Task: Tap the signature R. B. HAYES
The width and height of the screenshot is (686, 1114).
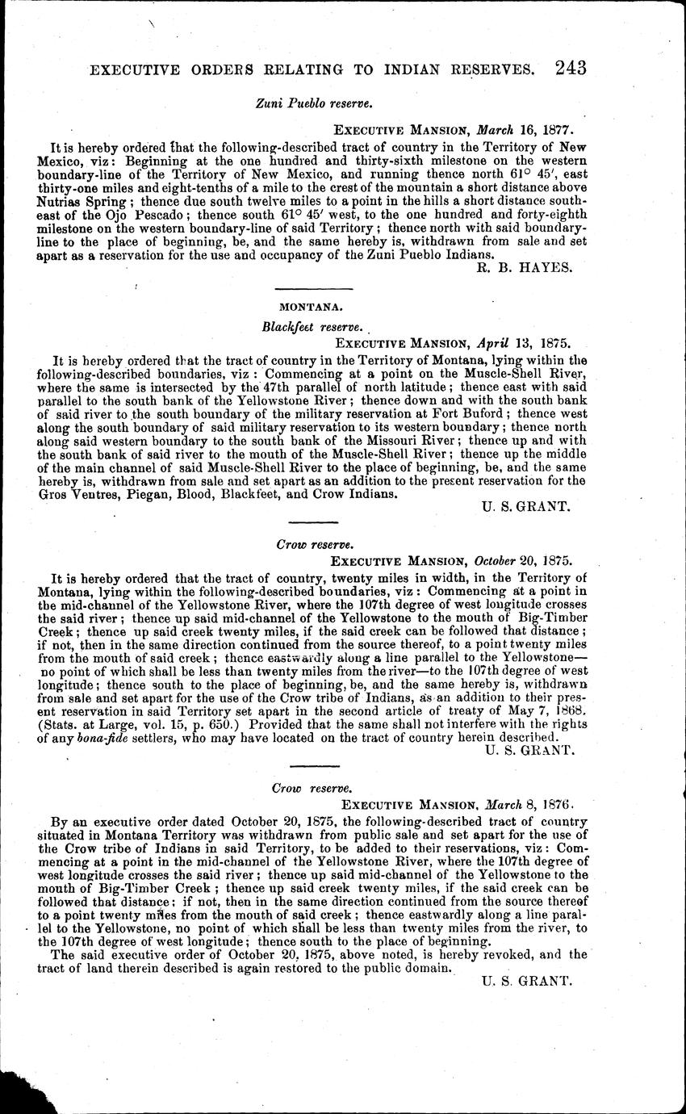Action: tap(525, 268)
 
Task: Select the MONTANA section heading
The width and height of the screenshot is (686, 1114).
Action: tap(303, 307)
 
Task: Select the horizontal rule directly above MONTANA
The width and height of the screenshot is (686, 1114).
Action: tap(303, 290)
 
